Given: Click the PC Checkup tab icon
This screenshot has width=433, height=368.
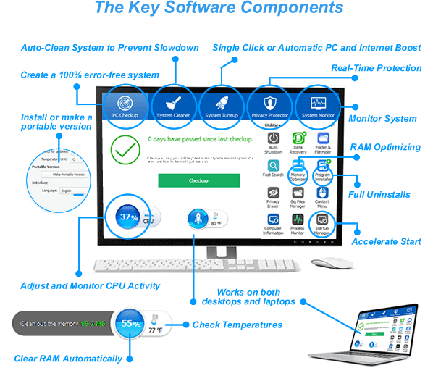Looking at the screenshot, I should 125,102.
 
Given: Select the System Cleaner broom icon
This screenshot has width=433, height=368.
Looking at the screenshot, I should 174,102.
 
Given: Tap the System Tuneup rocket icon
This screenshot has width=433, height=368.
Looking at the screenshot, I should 222,102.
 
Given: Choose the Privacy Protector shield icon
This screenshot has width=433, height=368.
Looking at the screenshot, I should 269,102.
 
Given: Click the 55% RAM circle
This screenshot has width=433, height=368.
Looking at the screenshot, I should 130,325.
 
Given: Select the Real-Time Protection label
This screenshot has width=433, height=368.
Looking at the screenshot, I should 376,68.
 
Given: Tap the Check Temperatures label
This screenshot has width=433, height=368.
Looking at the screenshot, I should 237,325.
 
